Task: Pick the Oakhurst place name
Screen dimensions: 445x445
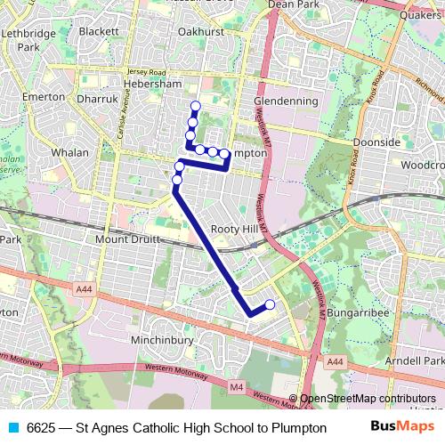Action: [x=199, y=30]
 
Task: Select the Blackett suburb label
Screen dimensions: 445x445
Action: [x=99, y=30]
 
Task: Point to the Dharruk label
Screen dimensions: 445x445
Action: [x=97, y=100]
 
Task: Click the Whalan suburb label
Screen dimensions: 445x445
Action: [x=70, y=152]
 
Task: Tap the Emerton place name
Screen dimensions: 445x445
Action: [x=44, y=96]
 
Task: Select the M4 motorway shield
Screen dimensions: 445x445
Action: [x=235, y=386]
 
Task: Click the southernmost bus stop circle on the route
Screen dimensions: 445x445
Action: [x=270, y=305]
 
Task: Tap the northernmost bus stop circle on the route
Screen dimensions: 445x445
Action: [x=196, y=108]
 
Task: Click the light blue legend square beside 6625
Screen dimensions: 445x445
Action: [x=12, y=427]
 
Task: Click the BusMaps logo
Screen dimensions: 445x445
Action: [x=396, y=427]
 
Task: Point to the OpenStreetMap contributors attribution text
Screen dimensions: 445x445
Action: [x=368, y=399]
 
